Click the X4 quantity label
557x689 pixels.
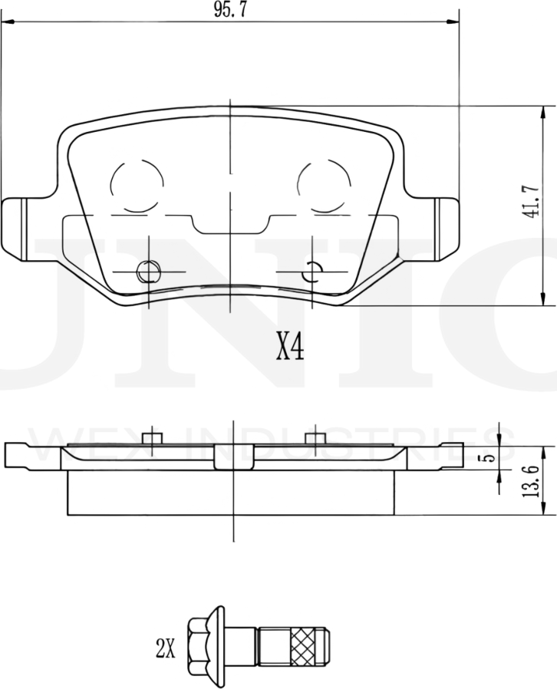(290, 348)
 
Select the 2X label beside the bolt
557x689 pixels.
(165, 650)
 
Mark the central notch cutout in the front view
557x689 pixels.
(231, 225)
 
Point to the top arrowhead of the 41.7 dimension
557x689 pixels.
(543, 111)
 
